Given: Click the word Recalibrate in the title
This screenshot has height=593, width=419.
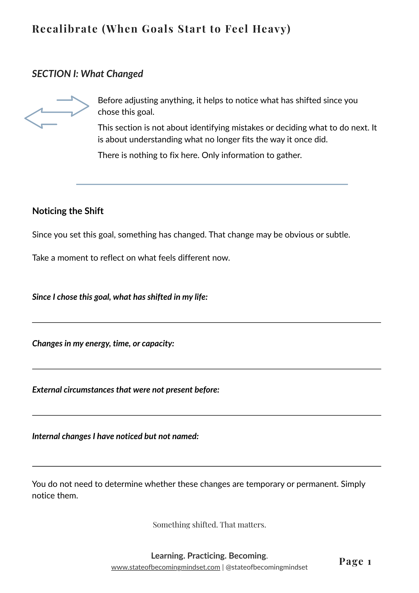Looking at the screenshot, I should point(65,29).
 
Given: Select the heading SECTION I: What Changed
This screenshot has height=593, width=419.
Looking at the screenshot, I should point(87,74).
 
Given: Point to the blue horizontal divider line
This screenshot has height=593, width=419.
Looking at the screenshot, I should point(212,184).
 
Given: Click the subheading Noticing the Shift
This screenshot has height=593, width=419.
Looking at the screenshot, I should point(68,211).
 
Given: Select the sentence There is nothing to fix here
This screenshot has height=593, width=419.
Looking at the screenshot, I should point(149,155).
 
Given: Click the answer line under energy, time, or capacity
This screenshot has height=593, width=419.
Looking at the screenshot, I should point(207,369).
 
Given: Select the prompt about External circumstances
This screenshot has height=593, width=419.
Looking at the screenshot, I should point(126,390).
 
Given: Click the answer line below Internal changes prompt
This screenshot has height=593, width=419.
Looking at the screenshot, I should point(207,466).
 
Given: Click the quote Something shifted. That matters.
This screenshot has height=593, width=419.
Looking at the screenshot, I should point(209,525).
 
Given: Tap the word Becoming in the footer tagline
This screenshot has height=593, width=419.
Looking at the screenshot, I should point(248,556).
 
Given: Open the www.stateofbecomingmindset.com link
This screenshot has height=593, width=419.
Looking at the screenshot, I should point(166,567).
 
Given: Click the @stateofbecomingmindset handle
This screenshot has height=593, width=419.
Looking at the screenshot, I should point(266,567).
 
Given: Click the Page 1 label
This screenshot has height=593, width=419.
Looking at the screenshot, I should point(355,562).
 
